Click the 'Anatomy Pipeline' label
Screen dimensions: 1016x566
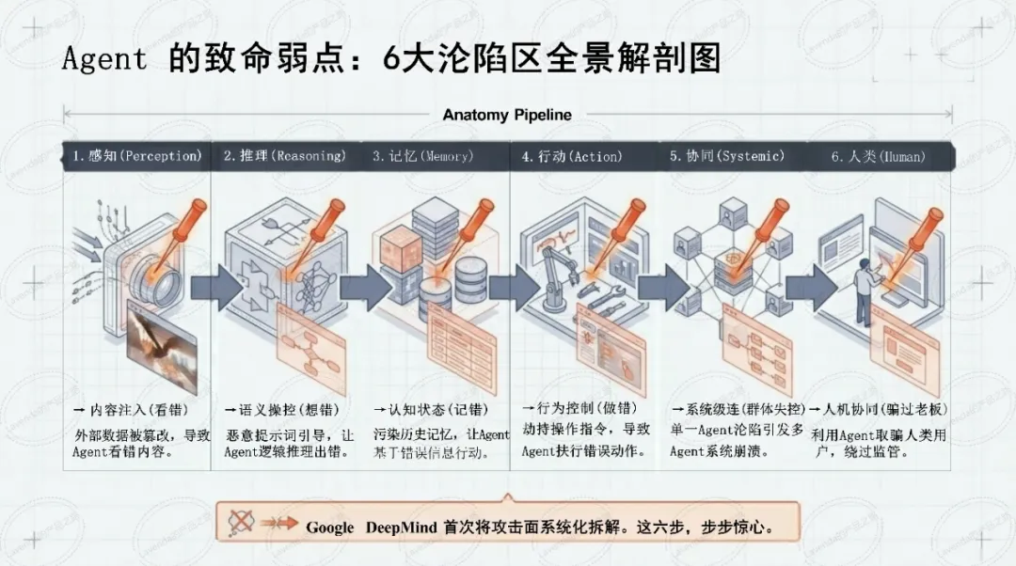click(x=507, y=115)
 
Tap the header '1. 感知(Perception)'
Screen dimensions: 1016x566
click(x=137, y=156)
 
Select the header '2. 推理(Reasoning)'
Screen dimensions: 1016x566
click(x=284, y=156)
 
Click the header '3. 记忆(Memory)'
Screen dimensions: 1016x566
click(x=431, y=156)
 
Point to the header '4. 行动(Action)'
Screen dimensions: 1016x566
click(x=572, y=156)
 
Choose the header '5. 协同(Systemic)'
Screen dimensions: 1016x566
click(x=726, y=156)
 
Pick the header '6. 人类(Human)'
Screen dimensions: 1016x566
click(x=878, y=156)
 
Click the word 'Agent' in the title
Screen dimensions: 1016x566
click(x=104, y=58)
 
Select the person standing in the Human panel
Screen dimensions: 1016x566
click(x=862, y=282)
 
